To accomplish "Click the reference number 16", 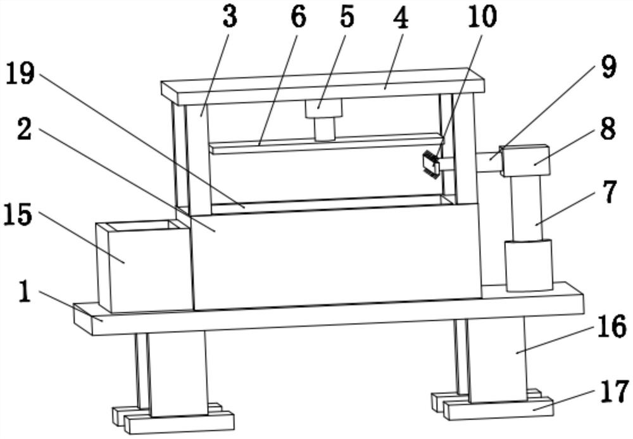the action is pyautogui.click(x=612, y=327).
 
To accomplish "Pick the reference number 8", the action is pyautogui.click(x=608, y=129).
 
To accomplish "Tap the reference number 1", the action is pyautogui.click(x=25, y=291).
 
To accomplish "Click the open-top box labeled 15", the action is pyautogui.click(x=144, y=267).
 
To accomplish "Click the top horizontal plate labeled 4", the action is pyautogui.click(x=323, y=86).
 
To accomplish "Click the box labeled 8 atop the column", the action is pyautogui.click(x=525, y=161).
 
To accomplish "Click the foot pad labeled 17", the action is pyautogui.click(x=498, y=408).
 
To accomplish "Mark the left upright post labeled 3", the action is pyautogui.click(x=197, y=160).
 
